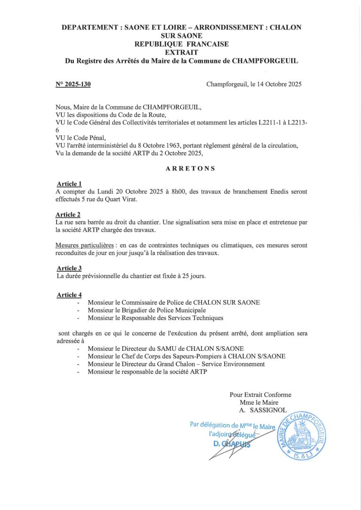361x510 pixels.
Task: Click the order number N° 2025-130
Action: coord(73,85)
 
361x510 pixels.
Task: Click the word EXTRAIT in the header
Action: coord(181,53)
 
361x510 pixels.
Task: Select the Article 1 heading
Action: coord(69,184)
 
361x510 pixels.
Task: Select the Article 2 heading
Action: coord(69,215)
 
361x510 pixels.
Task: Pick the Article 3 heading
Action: coord(69,268)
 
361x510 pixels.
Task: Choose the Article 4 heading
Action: coord(69,295)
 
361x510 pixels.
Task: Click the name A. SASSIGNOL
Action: coord(263,410)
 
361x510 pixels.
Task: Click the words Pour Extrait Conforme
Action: coord(260,394)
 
